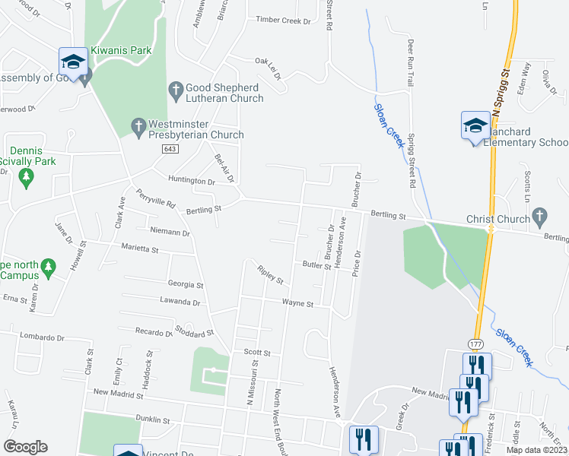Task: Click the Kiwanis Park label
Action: point(121,51)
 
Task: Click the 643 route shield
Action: point(170,149)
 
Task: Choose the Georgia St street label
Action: point(186,285)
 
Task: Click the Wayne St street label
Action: point(297,302)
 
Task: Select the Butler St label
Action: point(316,265)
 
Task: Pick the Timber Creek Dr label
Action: point(284,21)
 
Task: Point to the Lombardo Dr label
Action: point(43,337)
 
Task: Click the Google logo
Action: point(25,447)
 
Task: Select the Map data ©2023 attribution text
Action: point(536,450)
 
